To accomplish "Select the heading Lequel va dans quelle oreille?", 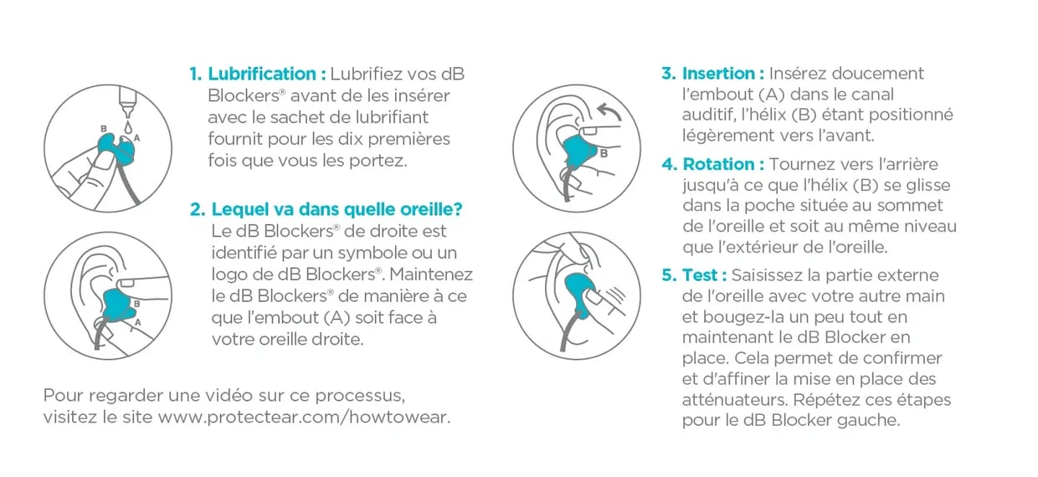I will coord(337,209).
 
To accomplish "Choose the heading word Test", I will coord(702,275).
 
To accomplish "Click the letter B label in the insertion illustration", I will coord(603,154).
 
